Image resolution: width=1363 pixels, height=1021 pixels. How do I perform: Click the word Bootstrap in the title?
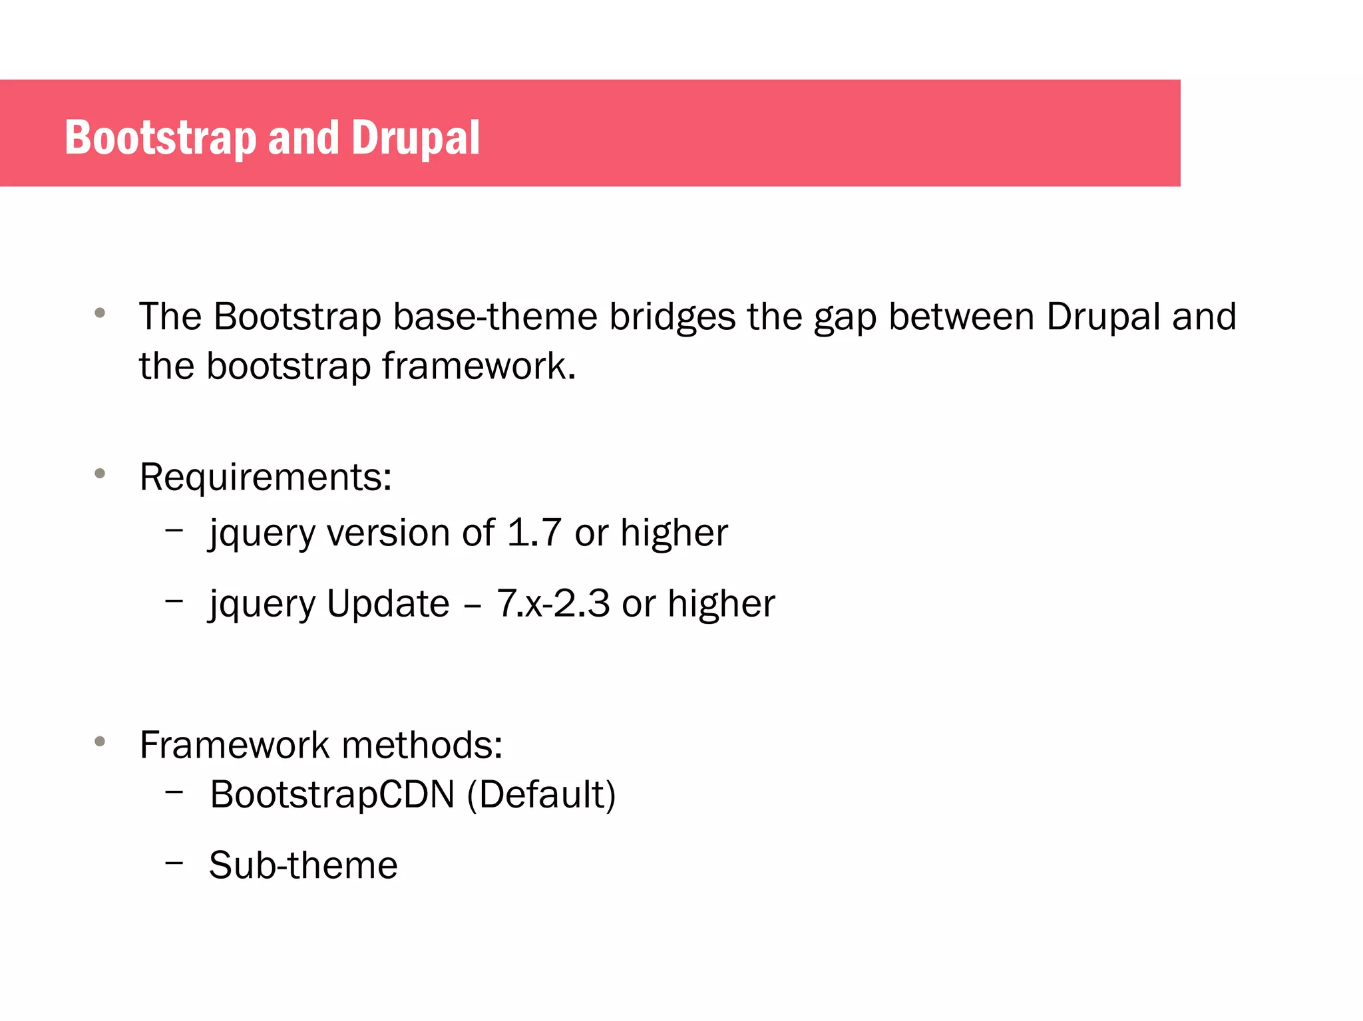[160, 138]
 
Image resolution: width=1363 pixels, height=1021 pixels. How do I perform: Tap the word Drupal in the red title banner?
[415, 138]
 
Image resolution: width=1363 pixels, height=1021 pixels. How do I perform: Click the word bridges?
[672, 317]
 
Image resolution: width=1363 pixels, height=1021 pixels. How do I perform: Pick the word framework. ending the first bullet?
[479, 366]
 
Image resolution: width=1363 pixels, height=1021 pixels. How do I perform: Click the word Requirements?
[266, 478]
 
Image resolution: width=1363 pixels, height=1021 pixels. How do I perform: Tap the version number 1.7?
[534, 533]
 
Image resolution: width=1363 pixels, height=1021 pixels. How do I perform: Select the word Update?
[388, 604]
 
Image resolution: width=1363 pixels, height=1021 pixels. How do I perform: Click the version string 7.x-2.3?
[552, 604]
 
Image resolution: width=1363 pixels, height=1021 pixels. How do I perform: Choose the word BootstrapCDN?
[332, 794]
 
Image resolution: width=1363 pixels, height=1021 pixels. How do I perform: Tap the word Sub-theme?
[303, 865]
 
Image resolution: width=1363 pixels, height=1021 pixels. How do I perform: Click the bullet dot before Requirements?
[100, 474]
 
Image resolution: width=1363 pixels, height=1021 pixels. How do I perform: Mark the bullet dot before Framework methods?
[100, 741]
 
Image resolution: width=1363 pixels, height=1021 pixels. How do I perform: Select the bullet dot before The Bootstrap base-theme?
[100, 313]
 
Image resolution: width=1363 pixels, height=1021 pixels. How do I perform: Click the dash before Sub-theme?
[174, 863]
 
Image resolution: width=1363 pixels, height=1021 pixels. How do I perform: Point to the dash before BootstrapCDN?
[174, 792]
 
